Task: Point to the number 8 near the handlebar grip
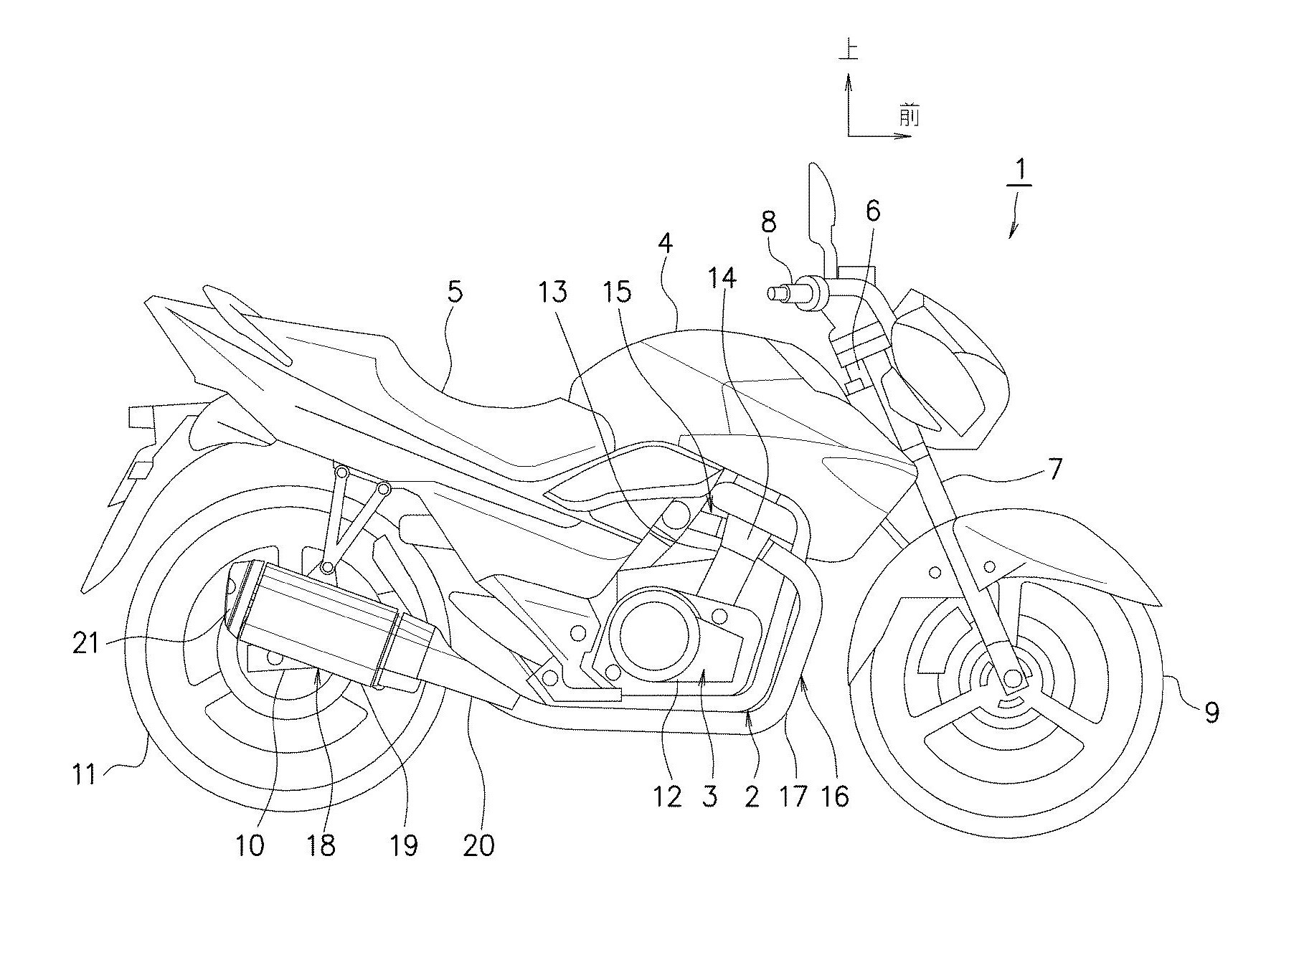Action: pyautogui.click(x=768, y=223)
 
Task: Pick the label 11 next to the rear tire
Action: pyautogui.click(x=85, y=774)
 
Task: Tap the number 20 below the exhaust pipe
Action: pyautogui.click(x=479, y=846)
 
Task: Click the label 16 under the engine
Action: pyautogui.click(x=836, y=796)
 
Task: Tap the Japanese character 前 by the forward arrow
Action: pyautogui.click(x=909, y=115)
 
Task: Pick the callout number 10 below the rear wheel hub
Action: pyautogui.click(x=250, y=846)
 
